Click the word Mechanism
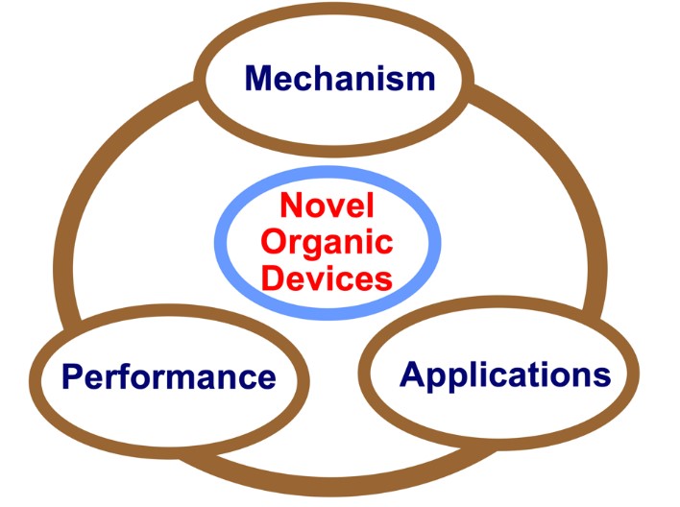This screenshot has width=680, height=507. pos(339,78)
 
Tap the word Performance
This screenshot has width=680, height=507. pos(168,375)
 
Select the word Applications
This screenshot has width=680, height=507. pos(505,374)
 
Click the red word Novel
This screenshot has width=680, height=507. pos(327,205)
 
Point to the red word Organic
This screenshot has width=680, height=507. pos(327,241)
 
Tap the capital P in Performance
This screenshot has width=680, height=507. pos(71,375)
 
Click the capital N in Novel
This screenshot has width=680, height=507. pos(292,205)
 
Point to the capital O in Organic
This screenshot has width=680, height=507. pos(275,241)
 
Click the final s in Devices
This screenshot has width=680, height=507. pos(383,279)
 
